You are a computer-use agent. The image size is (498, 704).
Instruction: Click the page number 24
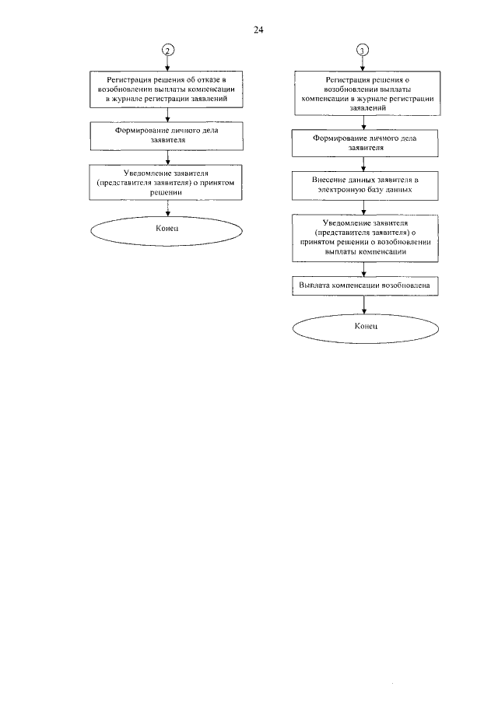coord(258,30)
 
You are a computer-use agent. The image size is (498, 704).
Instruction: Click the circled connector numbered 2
coord(168,50)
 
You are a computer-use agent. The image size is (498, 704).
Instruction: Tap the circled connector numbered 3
coord(363,51)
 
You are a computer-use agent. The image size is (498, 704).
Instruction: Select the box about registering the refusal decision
coord(167,89)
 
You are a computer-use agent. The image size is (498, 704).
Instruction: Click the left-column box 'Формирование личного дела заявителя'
coord(167,135)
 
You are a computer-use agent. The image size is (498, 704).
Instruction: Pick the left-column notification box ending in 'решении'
coord(166,182)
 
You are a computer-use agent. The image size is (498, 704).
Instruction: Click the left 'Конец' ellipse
coord(167,231)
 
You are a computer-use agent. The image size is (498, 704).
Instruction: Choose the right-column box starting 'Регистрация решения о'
coord(367,93)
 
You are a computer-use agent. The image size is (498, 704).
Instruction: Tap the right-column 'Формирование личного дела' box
coord(365,143)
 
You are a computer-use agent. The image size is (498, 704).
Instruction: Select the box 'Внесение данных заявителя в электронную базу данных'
coord(365,185)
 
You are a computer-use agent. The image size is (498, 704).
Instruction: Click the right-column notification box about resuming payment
coord(365,238)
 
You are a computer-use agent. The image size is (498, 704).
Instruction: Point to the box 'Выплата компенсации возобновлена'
coord(365,286)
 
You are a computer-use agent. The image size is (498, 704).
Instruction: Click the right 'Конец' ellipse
coord(366,328)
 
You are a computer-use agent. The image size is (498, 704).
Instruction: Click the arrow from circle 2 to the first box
coord(168,63)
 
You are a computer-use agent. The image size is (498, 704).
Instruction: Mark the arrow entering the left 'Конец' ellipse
coord(167,208)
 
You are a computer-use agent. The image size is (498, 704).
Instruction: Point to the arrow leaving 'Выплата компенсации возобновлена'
coord(363,305)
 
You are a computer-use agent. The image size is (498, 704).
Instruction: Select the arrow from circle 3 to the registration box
coord(363,64)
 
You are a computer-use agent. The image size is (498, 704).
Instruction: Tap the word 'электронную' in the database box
coord(339,190)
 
